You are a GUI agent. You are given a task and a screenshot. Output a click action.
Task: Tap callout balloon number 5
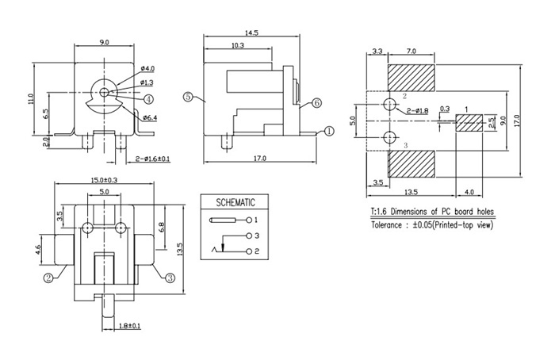(188, 97)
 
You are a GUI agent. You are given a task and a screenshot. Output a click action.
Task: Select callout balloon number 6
(316, 103)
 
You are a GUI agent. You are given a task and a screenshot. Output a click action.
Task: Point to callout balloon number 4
(148, 98)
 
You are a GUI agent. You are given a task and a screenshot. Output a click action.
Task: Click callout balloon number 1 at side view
(326, 132)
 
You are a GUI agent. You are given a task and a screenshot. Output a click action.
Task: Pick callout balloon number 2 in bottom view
(49, 278)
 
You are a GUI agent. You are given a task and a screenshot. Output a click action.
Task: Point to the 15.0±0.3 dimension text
(105, 179)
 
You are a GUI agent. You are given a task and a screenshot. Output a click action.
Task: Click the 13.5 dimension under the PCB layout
(411, 192)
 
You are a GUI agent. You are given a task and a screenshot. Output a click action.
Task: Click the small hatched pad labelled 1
(469, 123)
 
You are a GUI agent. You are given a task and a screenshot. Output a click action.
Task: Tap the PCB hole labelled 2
(388, 105)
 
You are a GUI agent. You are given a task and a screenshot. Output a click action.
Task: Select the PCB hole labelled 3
(388, 138)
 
